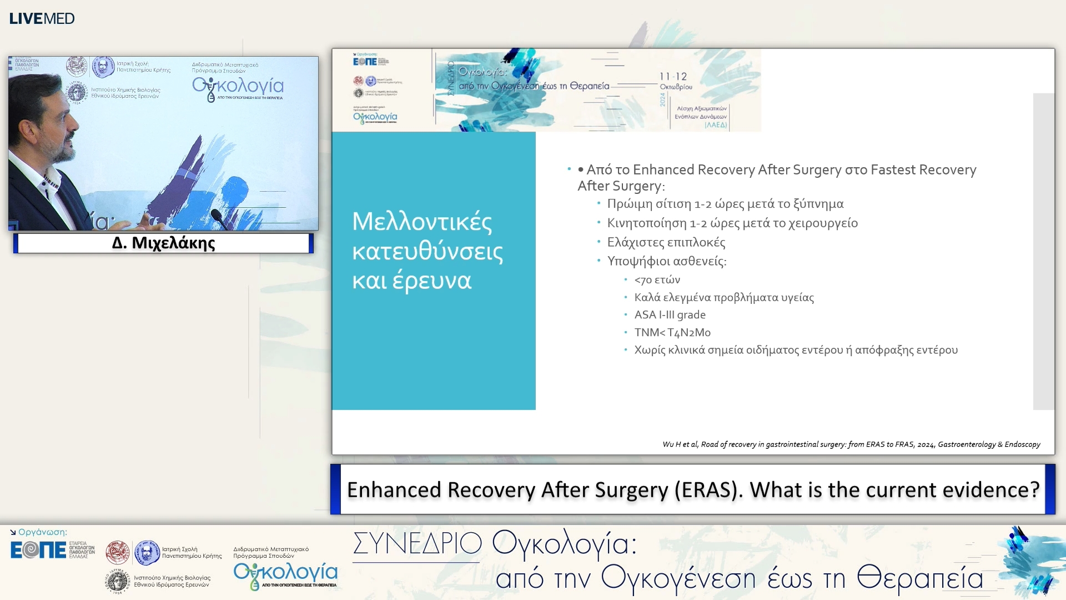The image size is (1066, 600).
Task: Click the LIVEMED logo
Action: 42,18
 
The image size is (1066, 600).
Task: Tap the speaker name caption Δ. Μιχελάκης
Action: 163,243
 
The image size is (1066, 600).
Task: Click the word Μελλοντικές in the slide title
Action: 422,222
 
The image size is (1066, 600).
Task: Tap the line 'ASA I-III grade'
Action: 670,315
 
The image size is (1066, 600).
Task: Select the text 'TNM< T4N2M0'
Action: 672,333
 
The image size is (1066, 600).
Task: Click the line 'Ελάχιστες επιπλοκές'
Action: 666,242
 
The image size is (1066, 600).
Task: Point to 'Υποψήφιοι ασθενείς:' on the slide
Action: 666,261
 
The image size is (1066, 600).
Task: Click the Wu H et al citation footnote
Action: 851,444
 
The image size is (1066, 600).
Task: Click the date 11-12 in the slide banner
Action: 673,77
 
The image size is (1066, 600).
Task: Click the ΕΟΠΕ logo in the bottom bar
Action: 38,550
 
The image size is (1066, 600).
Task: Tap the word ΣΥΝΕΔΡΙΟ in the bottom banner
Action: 417,543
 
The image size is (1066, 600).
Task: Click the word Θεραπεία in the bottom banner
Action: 919,578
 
